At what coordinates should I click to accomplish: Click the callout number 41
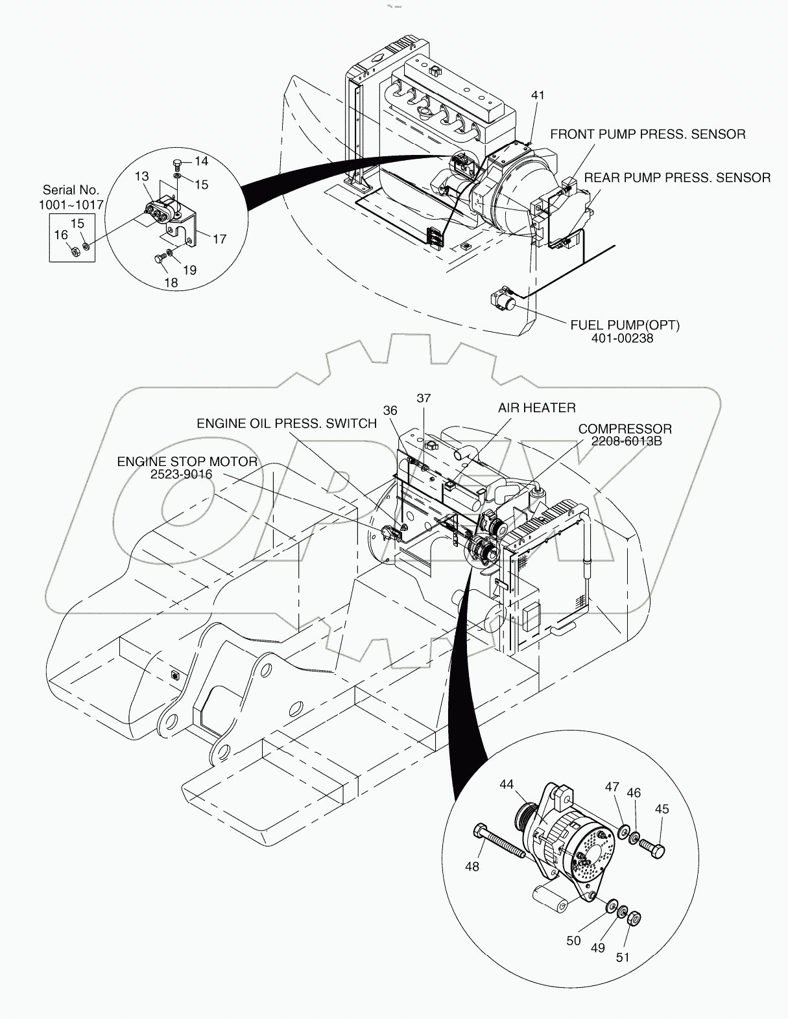(x=538, y=95)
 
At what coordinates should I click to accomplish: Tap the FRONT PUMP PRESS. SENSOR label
(x=647, y=134)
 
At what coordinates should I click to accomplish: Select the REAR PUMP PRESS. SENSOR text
(x=677, y=177)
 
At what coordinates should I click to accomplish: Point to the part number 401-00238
(x=625, y=338)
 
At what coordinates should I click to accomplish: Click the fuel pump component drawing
(x=503, y=299)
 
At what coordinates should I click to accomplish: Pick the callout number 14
(x=200, y=161)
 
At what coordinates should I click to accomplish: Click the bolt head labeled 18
(x=158, y=259)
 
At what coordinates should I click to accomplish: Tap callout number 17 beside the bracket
(x=219, y=239)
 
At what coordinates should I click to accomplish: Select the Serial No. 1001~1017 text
(x=71, y=197)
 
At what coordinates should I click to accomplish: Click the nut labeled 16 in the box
(x=73, y=248)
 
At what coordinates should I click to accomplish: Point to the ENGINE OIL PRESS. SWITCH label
(x=287, y=423)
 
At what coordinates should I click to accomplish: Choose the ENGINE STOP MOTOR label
(x=187, y=462)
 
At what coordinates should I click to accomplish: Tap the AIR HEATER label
(x=536, y=408)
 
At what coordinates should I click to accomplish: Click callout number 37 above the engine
(x=424, y=398)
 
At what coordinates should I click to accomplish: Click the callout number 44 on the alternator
(x=507, y=784)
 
